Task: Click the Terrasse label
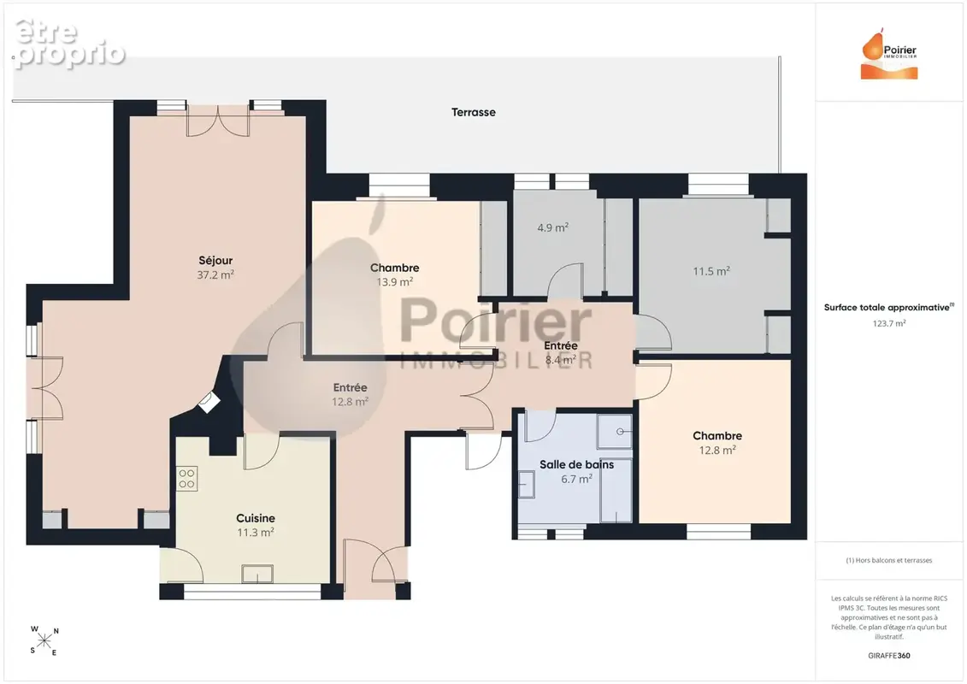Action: coord(473,112)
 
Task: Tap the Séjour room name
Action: coord(215,261)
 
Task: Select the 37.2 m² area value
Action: coord(215,275)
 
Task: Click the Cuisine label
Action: coord(256,518)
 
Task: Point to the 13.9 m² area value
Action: coord(395,282)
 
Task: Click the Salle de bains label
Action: coord(576,464)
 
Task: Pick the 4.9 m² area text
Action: coord(552,227)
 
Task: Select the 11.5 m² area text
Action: coord(711,271)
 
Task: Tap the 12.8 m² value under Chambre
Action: coord(717,451)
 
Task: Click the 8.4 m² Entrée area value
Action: coord(561,359)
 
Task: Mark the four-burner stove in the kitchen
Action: coord(187,479)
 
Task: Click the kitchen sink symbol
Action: coord(257,574)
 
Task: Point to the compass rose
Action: coord(44,641)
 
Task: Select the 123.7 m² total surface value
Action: coord(888,323)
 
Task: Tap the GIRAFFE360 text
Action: coord(888,656)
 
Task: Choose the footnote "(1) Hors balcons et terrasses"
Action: coord(888,560)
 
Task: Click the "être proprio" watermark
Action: coord(69,43)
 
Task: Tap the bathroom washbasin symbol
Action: coord(526,484)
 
